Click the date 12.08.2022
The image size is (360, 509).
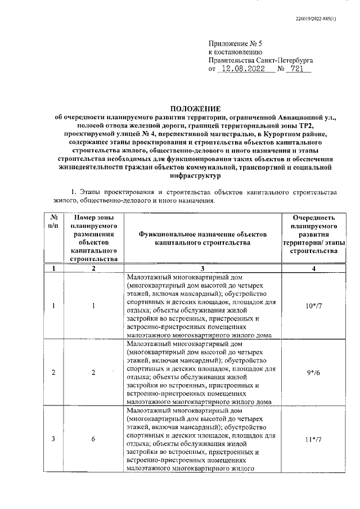click(x=244, y=69)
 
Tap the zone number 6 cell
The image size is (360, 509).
click(x=93, y=439)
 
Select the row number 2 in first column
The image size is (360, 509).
click(x=54, y=372)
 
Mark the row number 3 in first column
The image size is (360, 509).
click(x=54, y=439)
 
